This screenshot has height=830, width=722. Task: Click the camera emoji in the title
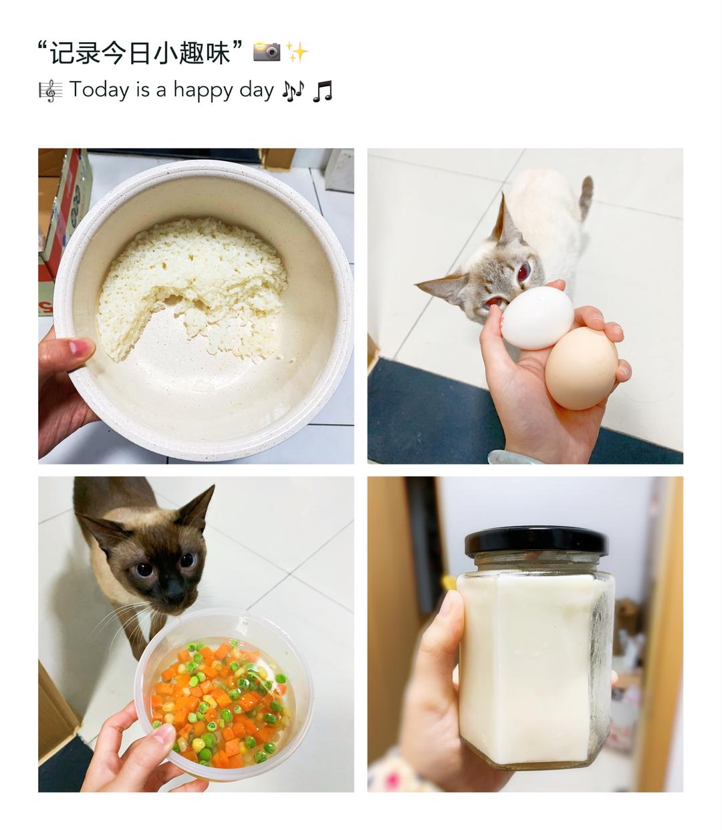[267, 51]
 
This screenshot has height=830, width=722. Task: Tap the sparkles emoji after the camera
[297, 52]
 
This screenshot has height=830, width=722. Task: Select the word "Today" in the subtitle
[99, 90]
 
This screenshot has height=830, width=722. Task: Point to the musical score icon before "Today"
[51, 90]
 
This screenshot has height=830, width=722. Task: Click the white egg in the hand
[537, 317]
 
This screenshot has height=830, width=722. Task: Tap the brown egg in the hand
[581, 368]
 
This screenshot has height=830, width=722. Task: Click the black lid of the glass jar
[536, 541]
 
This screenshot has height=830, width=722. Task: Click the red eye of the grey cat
[523, 271]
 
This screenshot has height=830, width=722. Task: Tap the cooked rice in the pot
[191, 284]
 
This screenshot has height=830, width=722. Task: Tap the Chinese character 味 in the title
[217, 52]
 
